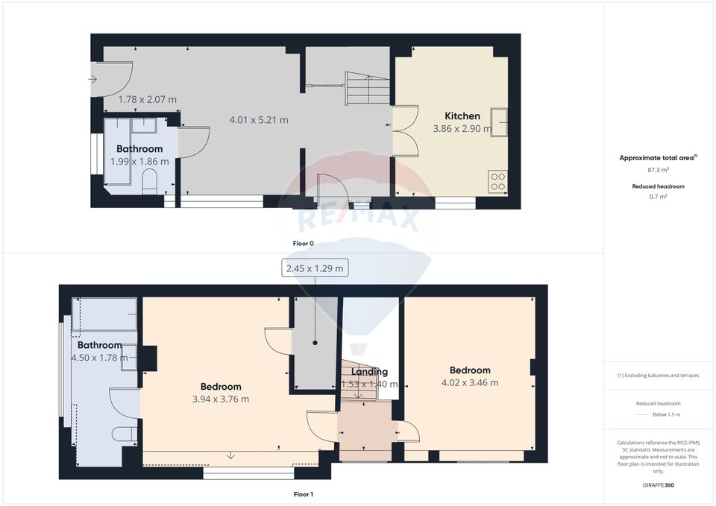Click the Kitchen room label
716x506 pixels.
point(462,116)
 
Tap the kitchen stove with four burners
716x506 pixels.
point(497,181)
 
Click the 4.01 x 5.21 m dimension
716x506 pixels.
point(258,119)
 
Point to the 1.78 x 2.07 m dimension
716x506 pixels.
point(148,99)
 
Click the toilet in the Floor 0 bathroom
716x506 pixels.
point(149,180)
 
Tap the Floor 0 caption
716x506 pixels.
point(303,243)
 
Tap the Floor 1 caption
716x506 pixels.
point(303,493)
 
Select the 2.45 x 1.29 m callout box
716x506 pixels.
point(315,269)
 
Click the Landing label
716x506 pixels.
point(369,372)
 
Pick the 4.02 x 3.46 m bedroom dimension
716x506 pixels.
point(469,383)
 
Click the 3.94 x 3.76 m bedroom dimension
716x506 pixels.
point(220,399)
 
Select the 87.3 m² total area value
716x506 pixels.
point(659,170)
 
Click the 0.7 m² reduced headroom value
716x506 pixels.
point(659,197)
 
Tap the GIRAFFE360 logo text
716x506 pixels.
point(659,484)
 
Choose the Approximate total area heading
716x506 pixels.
point(657,157)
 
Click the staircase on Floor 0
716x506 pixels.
point(368,88)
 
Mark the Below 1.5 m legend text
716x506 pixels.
point(666,414)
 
